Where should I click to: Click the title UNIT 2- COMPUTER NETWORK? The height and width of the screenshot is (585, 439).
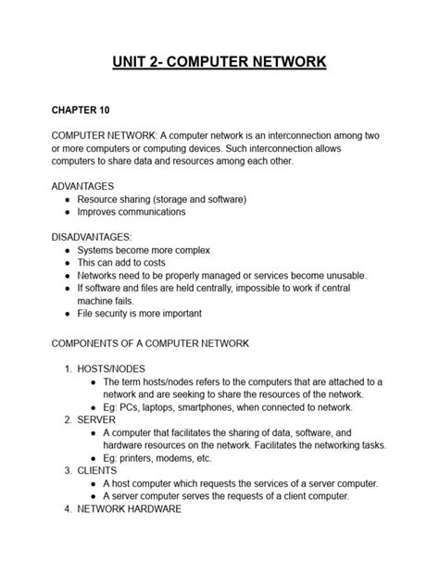pos(219,63)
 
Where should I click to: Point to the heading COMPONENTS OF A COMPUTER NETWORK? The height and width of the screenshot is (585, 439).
pos(150,342)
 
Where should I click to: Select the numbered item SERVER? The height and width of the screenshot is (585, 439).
pos(96,419)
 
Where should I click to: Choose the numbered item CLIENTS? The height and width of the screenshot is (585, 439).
pos(98,470)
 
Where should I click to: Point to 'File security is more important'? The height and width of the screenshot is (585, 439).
pos(144,314)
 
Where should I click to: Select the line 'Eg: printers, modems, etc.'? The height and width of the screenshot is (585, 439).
pos(157,457)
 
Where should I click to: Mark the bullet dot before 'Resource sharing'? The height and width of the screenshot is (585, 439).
pos(68,199)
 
